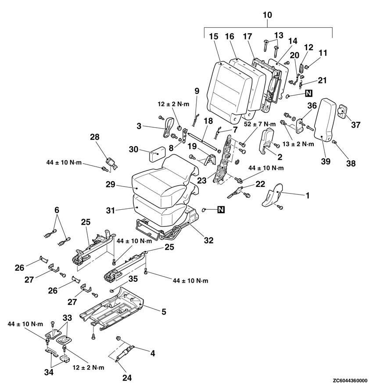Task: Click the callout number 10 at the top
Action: pos(267,15)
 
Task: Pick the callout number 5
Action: pos(163,312)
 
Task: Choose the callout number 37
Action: pos(355,125)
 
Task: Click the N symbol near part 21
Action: pos(309,93)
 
